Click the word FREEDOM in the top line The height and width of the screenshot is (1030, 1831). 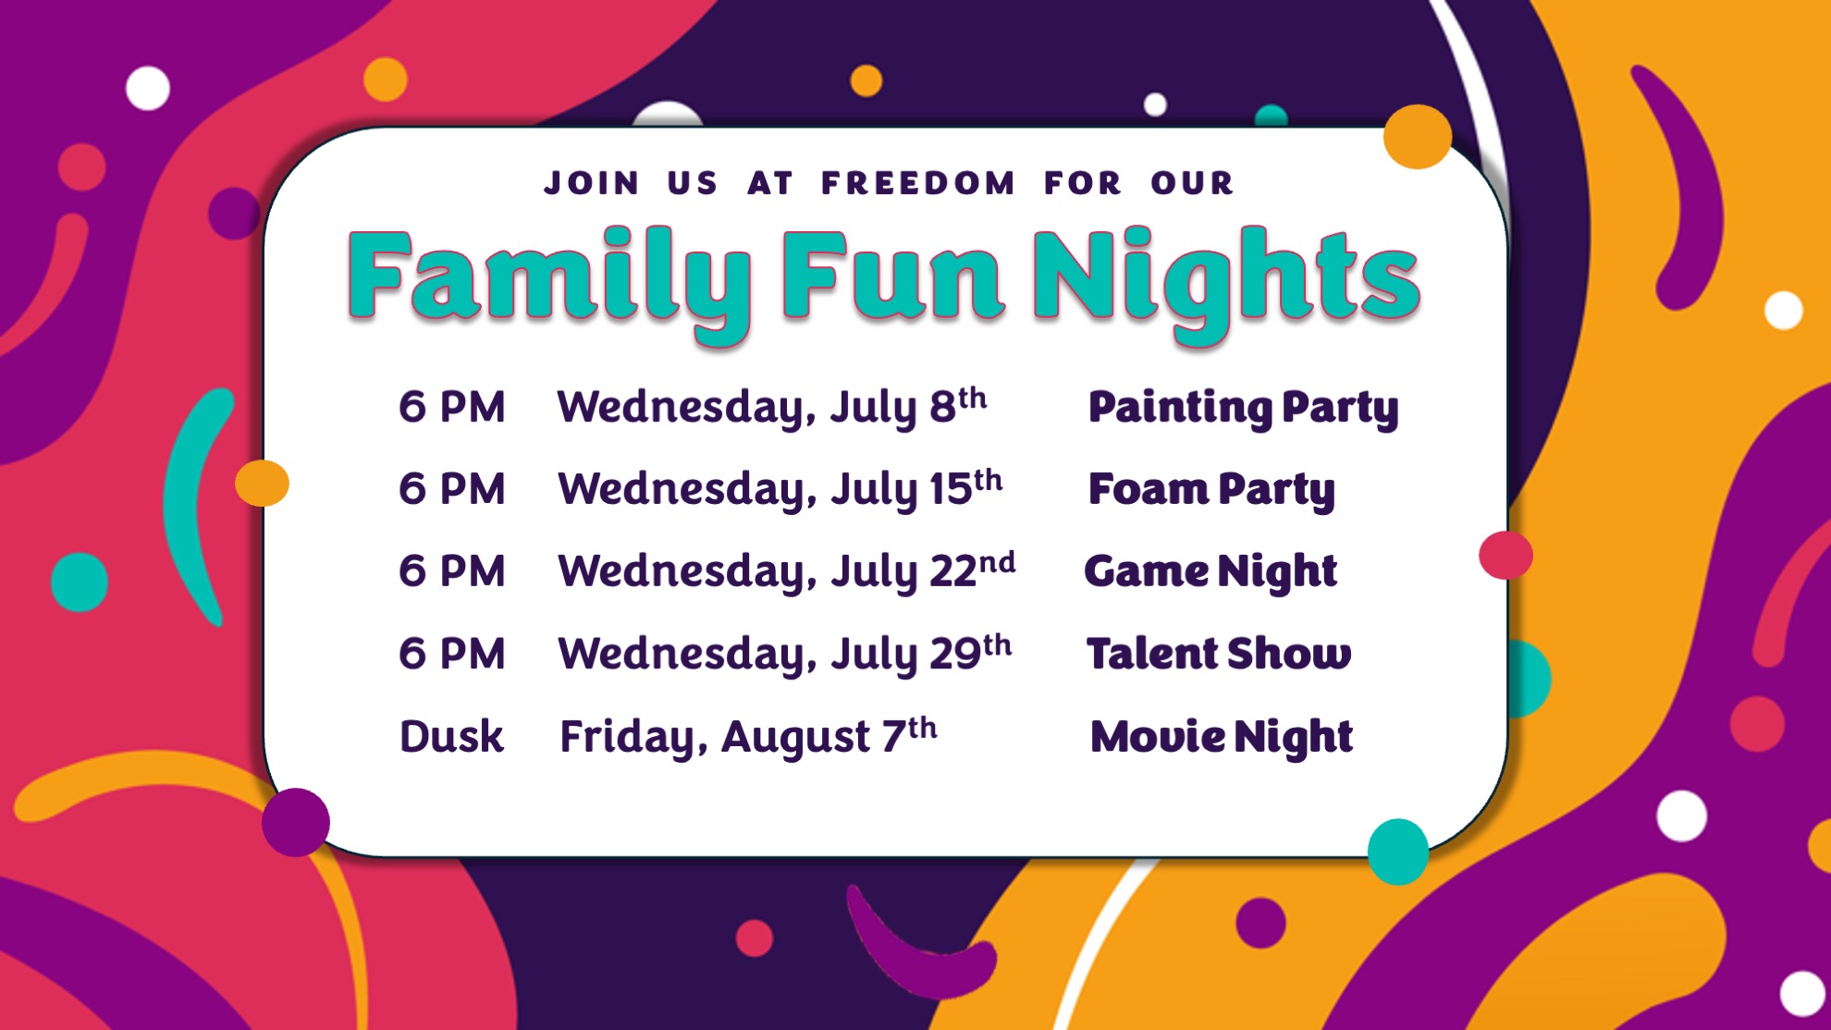(x=917, y=183)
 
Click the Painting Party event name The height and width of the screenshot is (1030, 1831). (x=1243, y=409)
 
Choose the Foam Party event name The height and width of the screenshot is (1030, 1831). (x=1211, y=490)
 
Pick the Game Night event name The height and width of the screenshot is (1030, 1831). (x=1210, y=572)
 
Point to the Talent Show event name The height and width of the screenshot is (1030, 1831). (x=1219, y=653)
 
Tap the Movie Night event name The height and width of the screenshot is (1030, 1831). (x=1222, y=738)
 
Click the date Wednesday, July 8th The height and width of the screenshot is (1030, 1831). (x=772, y=407)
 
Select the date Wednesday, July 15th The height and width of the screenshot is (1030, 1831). (x=780, y=489)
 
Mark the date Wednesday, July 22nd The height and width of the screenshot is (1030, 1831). (x=787, y=570)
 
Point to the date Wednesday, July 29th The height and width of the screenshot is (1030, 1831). (x=785, y=654)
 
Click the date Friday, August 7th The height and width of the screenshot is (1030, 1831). (x=748, y=737)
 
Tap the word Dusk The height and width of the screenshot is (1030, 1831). (x=451, y=737)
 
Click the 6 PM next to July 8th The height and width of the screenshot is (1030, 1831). (x=452, y=407)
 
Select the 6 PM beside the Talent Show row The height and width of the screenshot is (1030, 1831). (x=452, y=654)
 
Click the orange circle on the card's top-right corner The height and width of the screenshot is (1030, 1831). (x=1418, y=137)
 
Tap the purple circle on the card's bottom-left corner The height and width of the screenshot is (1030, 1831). (x=296, y=822)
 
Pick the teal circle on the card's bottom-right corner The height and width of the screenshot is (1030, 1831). (x=1398, y=852)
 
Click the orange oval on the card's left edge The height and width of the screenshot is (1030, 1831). (x=262, y=483)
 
